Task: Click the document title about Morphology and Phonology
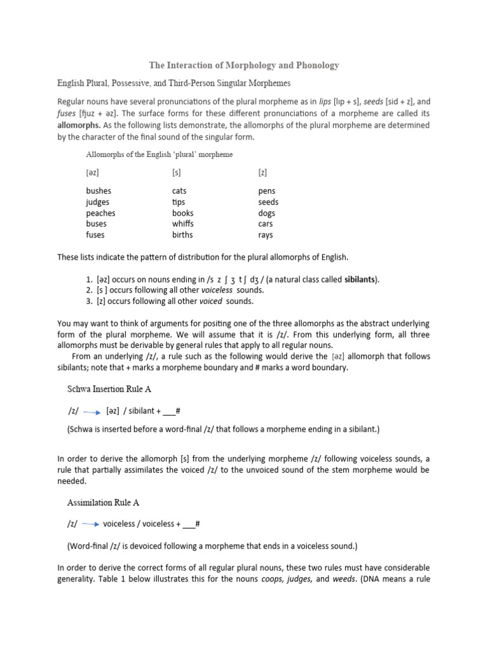[244, 65]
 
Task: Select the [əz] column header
[93, 172]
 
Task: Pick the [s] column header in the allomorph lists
[177, 172]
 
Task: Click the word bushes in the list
[100, 190]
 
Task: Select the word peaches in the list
[101, 213]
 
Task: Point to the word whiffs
[183, 223]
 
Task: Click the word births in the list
[182, 234]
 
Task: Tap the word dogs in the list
[267, 213]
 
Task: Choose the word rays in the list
[266, 234]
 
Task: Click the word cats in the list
[179, 190]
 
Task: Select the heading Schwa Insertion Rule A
[109, 388]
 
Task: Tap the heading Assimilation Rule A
[103, 502]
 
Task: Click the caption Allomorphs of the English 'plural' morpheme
[159, 154]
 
